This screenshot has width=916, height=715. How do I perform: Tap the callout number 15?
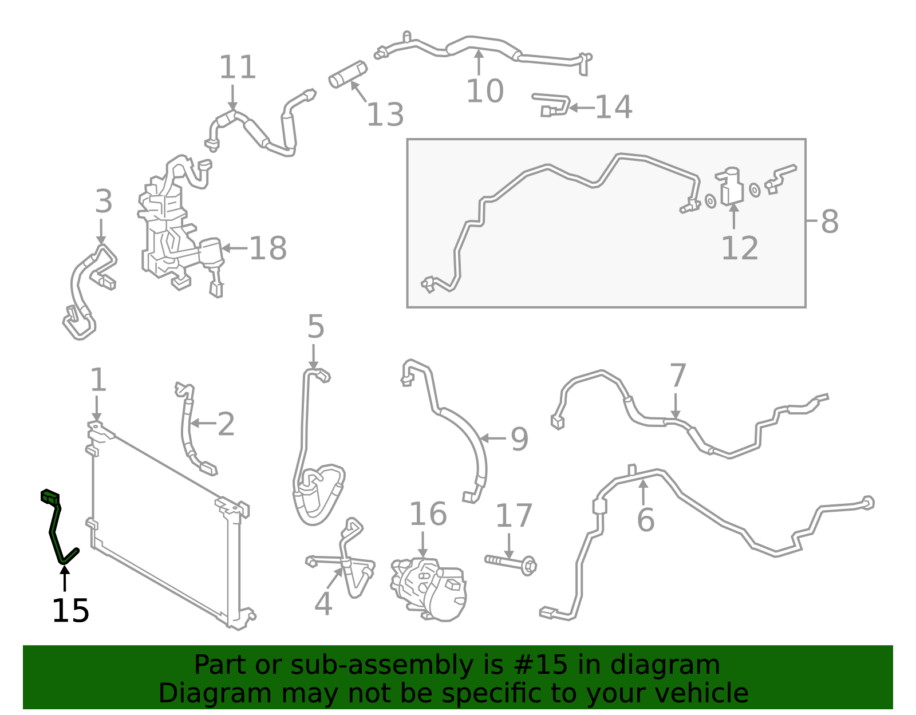pos(70,611)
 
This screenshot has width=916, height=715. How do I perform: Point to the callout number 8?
pos(830,221)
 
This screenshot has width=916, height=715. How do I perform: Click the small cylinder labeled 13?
pos(348,74)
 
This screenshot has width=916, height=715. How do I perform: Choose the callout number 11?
pos(238,68)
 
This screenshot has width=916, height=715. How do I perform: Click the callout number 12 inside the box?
pos(740,248)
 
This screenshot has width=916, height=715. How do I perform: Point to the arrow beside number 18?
pos(234,248)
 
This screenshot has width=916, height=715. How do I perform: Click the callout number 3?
pos(104,201)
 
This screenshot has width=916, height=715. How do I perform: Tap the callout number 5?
pos(315,326)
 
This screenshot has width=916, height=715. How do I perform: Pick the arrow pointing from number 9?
pos(493,439)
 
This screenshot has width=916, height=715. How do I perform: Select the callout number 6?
pos(646,520)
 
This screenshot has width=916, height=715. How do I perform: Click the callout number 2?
pos(226,424)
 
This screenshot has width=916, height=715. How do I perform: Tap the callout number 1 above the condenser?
pos(98,380)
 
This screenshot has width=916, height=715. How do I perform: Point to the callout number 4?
pos(323,604)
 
